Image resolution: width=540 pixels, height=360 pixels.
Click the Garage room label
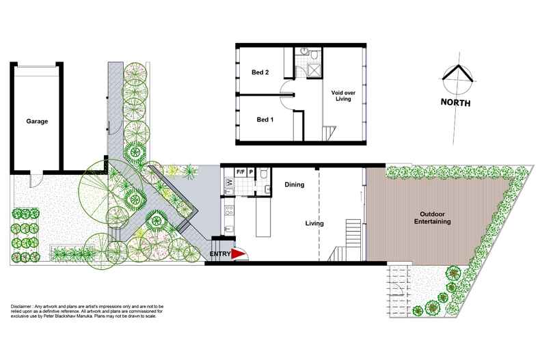pyautogui.click(x=37, y=121)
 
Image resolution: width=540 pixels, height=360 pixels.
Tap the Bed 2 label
pyautogui.click(x=260, y=72)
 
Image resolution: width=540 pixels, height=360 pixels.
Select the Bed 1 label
pyautogui.click(x=265, y=120)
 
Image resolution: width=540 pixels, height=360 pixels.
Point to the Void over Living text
pyautogui.click(x=343, y=96)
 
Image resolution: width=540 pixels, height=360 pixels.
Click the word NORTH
pyautogui.click(x=455, y=102)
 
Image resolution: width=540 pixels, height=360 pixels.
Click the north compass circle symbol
pyautogui.click(x=458, y=79)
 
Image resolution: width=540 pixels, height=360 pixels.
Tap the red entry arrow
pyautogui.click(x=239, y=254)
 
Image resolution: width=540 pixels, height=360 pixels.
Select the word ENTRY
pyautogui.click(x=220, y=254)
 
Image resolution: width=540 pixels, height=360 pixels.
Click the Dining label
pyautogui.click(x=295, y=184)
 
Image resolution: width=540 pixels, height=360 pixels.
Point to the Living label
pyautogui.click(x=314, y=223)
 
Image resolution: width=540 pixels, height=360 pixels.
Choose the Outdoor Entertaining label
pyautogui.click(x=432, y=218)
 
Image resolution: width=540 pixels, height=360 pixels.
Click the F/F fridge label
pyautogui.click(x=240, y=171)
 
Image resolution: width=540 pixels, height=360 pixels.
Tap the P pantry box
pyautogui.click(x=251, y=171)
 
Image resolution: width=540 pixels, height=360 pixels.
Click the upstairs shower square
pyautogui.click(x=314, y=70)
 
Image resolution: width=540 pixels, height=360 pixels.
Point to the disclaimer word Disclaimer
pyautogui.click(x=21, y=306)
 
